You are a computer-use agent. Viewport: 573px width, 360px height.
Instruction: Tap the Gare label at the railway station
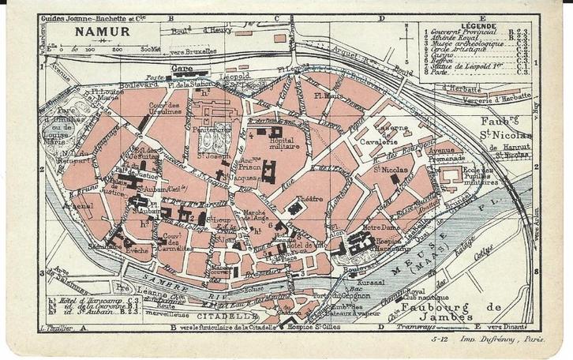pyautogui.click(x=183, y=69)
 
